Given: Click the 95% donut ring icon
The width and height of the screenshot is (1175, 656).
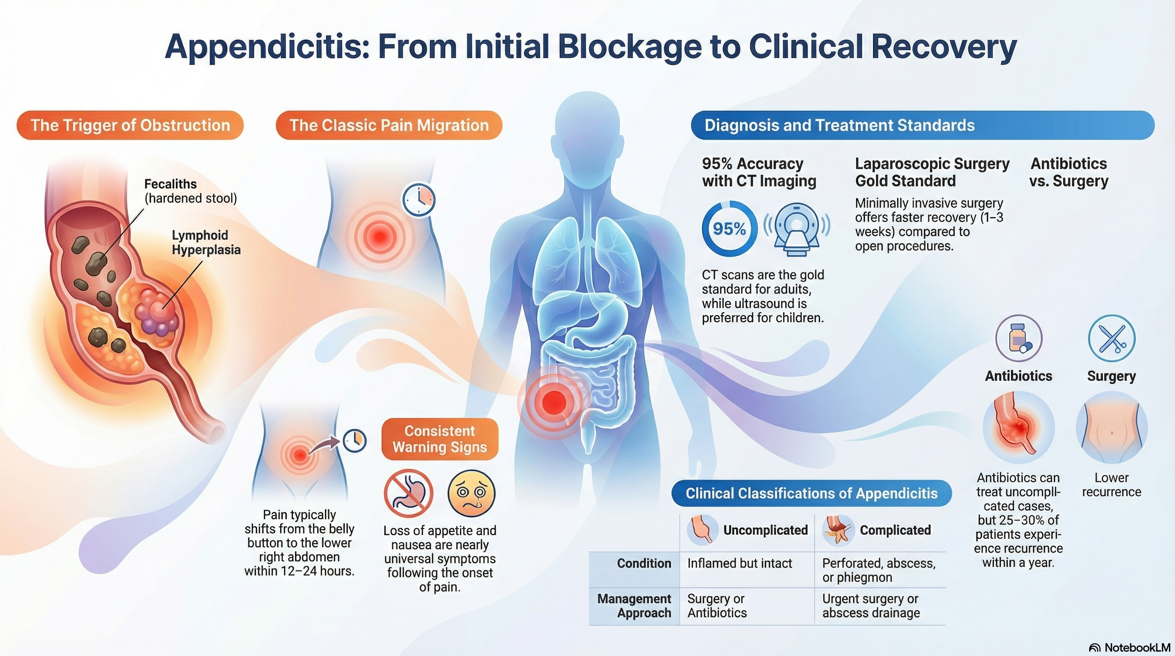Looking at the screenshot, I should (729, 228).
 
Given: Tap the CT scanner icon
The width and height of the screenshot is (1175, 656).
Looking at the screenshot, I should (796, 228).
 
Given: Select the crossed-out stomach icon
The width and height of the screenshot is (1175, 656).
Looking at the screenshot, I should (408, 493).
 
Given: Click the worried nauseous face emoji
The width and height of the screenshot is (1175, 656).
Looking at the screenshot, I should (471, 493).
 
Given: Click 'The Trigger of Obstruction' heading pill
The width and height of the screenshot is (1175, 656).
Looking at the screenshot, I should (130, 125).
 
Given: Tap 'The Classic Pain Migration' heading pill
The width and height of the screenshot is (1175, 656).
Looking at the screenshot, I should (389, 125).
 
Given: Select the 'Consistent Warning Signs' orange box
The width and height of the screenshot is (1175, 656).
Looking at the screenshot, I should (440, 439).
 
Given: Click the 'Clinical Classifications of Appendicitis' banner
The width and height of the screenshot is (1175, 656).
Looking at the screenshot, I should (812, 493).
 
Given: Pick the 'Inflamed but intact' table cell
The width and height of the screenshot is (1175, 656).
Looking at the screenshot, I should (739, 563).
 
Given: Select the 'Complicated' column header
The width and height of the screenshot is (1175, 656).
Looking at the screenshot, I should (895, 530).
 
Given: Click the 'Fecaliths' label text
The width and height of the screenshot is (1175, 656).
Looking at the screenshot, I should (171, 184).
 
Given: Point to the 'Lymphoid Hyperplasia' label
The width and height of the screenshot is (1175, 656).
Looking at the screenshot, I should (206, 242).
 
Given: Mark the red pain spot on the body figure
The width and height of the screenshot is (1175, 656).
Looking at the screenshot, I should (554, 402).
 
